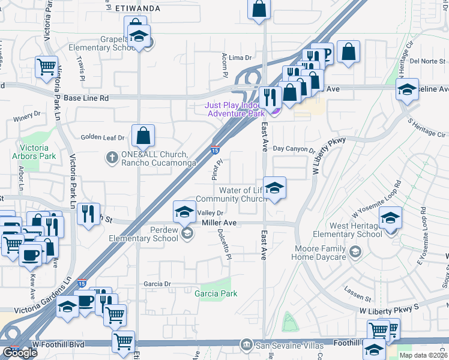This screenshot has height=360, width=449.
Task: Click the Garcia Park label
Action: pos(215,293)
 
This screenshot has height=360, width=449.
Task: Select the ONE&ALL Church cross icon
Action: pos(111,157)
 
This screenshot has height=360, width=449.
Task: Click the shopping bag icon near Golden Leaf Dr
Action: pos(143,136)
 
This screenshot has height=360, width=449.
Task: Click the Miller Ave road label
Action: pos(219,223)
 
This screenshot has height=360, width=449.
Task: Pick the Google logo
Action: pos(19,352)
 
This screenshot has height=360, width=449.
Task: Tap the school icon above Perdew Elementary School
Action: pos(184,211)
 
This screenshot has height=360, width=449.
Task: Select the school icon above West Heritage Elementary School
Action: pos(390,218)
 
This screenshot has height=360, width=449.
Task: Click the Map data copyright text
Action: pos(423,355)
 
